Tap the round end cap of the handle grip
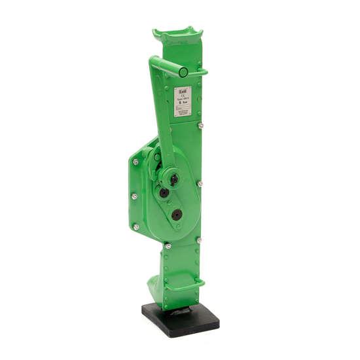click(184, 72)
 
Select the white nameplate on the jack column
click(183, 101)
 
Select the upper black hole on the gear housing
click(164, 193)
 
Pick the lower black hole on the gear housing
click(177, 214)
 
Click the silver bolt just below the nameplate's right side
click(200, 126)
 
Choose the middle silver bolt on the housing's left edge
click(134, 197)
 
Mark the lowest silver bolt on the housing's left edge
click(136, 226)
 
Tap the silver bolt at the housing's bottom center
click(168, 246)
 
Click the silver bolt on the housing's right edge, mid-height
click(200, 185)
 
